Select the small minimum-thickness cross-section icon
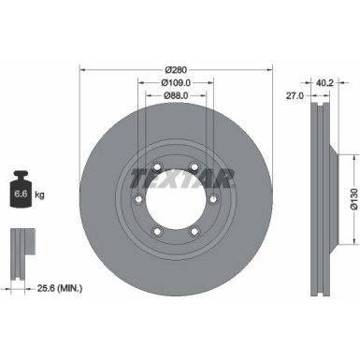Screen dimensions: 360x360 pos(22,251)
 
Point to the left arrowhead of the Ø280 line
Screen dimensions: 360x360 pos(82,70)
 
